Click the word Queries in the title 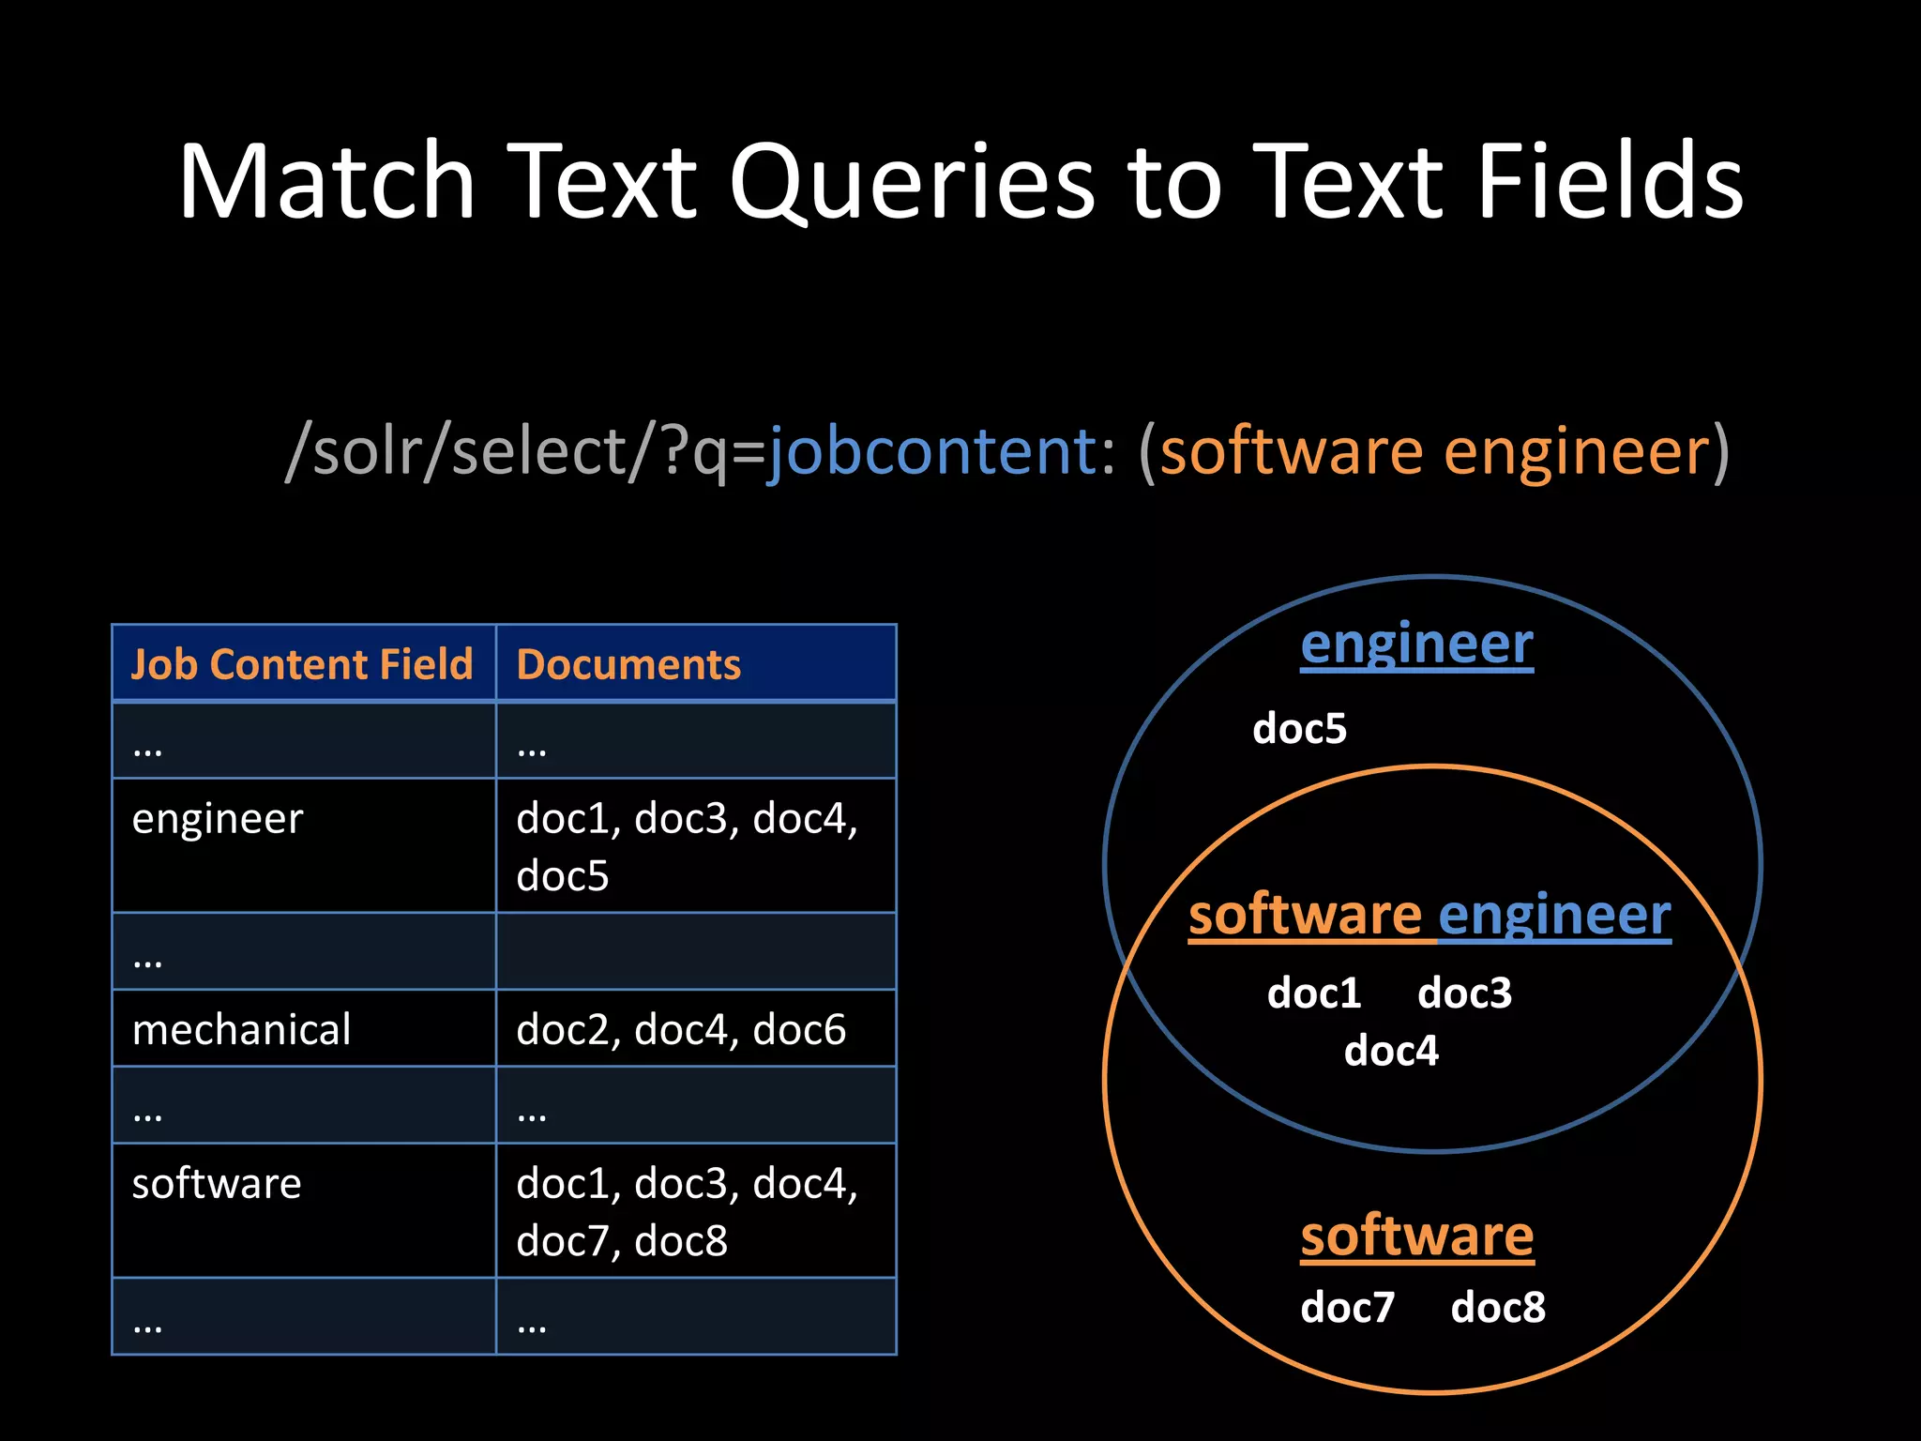pyautogui.click(x=912, y=183)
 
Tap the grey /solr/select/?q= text pyautogui.click(x=525, y=451)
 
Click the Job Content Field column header pyautogui.click(x=302, y=664)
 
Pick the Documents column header pyautogui.click(x=628, y=664)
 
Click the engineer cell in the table pyautogui.click(x=218, y=819)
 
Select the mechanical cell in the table pyautogui.click(x=241, y=1030)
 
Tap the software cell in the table pyautogui.click(x=217, y=1184)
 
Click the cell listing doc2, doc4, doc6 pyautogui.click(x=681, y=1030)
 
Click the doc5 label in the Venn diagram pyautogui.click(x=1299, y=729)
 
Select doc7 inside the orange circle pyautogui.click(x=1347, y=1308)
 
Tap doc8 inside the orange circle pyautogui.click(x=1498, y=1308)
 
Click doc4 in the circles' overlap pyautogui.click(x=1390, y=1051)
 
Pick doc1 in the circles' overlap pyautogui.click(x=1313, y=994)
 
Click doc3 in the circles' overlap pyautogui.click(x=1464, y=994)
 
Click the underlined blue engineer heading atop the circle pyautogui.click(x=1416, y=645)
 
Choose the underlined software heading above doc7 pyautogui.click(x=1416, y=1236)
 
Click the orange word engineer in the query pyautogui.click(x=1577, y=451)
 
